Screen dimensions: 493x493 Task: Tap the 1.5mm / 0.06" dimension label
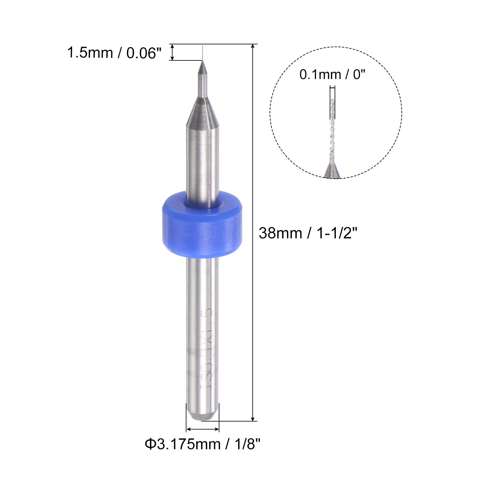(x=114, y=53)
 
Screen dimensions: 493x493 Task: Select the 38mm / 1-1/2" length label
(x=308, y=233)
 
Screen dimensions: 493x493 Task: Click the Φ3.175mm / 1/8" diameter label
(x=202, y=444)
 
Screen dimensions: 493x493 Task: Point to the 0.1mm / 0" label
(x=332, y=75)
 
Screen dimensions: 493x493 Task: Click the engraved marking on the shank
(x=206, y=348)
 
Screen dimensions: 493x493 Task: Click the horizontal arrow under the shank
(x=202, y=429)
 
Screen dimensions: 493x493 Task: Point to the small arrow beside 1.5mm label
(x=172, y=52)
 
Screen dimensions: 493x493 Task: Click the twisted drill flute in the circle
(x=332, y=132)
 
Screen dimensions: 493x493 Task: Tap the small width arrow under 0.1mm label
(x=332, y=88)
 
